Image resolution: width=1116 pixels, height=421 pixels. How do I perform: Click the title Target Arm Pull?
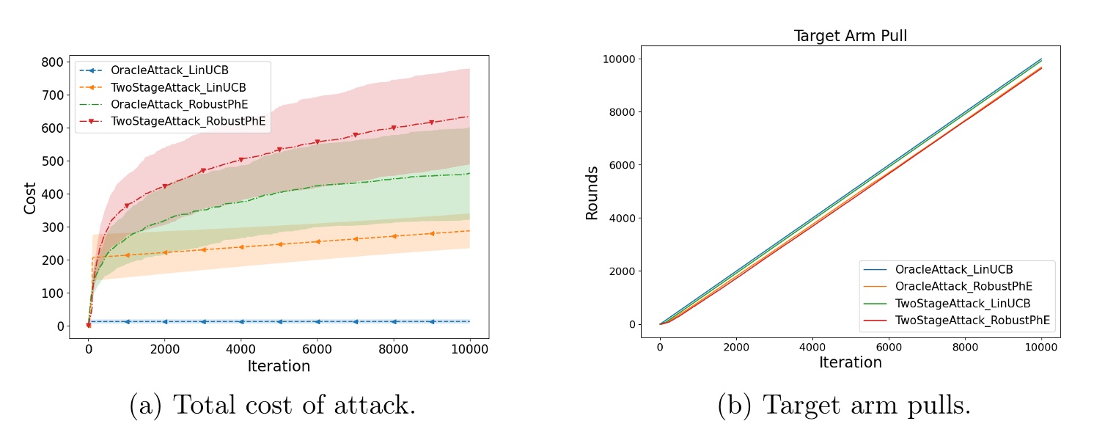[x=850, y=36]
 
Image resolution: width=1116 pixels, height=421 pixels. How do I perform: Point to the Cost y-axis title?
[x=30, y=197]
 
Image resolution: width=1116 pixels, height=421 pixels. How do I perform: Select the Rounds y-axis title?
[x=592, y=193]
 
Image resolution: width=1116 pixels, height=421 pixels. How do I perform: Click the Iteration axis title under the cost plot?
[x=279, y=365]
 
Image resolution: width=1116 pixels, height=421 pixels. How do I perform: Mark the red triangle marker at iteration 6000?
[x=317, y=142]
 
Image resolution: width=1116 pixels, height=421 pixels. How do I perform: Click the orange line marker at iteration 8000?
[x=394, y=236]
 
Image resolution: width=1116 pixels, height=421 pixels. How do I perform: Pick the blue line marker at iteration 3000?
[x=203, y=321]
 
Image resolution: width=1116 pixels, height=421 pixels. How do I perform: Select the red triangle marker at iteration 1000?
[x=127, y=205]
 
